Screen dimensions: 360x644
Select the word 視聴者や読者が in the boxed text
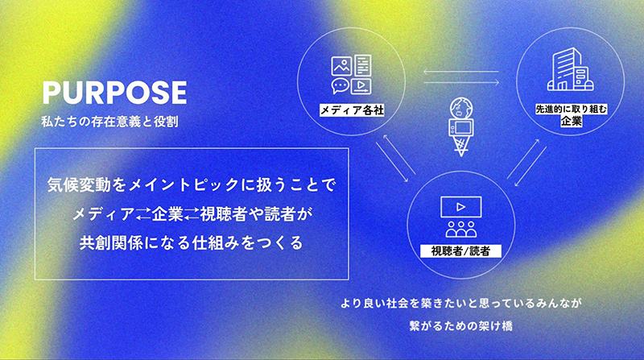pyautogui.click(x=255, y=213)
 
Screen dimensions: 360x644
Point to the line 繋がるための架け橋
pyautogui.click(x=461, y=328)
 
